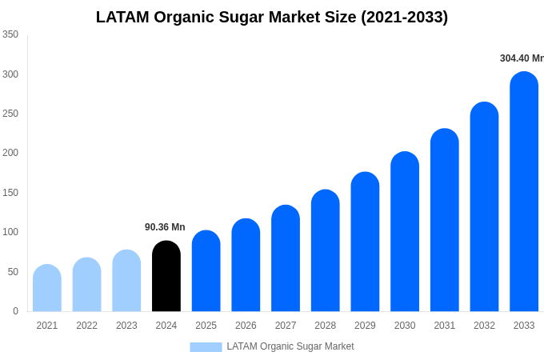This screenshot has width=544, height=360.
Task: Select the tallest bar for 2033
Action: click(x=524, y=192)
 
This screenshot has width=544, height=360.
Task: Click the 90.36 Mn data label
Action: click(x=165, y=227)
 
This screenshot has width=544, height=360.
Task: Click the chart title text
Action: click(x=272, y=17)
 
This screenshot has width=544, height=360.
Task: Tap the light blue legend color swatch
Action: click(x=206, y=346)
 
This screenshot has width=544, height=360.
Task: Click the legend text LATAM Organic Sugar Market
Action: click(x=290, y=346)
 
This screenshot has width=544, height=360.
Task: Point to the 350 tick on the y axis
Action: click(x=10, y=34)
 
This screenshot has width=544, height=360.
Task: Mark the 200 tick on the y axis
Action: click(x=10, y=153)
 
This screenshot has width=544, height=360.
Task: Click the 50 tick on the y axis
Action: click(x=13, y=272)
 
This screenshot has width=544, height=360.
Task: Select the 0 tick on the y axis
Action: click(x=15, y=311)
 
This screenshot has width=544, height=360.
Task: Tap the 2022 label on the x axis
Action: click(x=86, y=326)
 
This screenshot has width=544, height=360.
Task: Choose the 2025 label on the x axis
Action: click(x=206, y=326)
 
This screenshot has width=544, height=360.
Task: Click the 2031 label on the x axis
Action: click(x=445, y=326)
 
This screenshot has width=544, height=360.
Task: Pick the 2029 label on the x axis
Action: click(x=365, y=326)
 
